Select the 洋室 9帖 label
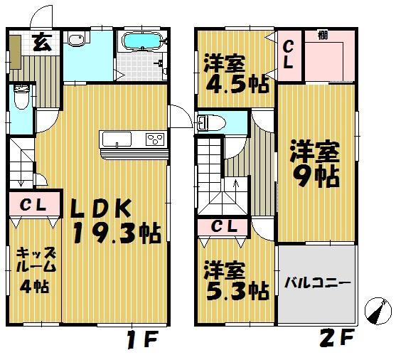click(x=314, y=164)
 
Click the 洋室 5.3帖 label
click(x=235, y=280)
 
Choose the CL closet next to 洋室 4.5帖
click(x=290, y=54)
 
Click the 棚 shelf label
click(x=323, y=34)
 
